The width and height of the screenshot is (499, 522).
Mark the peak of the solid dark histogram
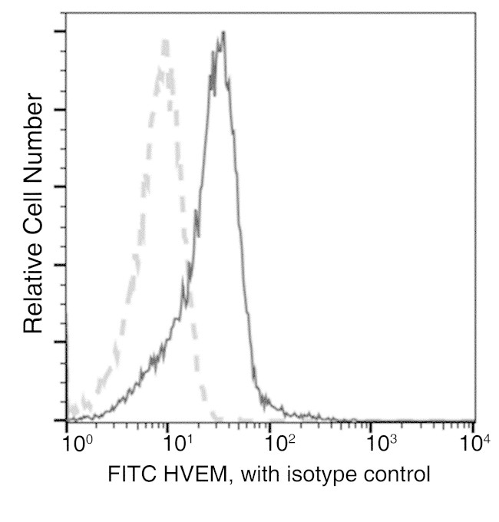click(x=223, y=33)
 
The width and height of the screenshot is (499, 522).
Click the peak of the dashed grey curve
click(x=164, y=40)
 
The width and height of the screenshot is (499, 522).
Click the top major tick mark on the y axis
click(x=60, y=31)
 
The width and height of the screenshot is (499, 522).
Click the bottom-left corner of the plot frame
click(x=66, y=421)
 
